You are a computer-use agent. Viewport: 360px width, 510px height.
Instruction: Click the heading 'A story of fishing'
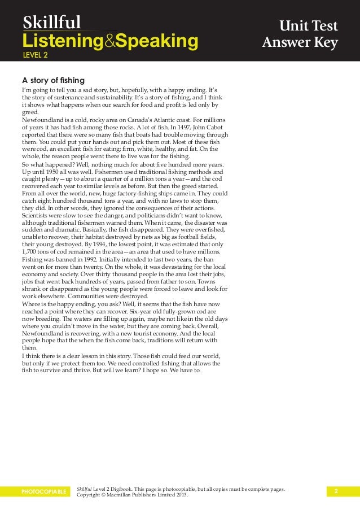tap(53, 80)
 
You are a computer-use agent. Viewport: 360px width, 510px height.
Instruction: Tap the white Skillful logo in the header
tap(52, 22)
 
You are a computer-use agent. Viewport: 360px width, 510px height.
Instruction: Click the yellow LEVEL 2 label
tap(35, 55)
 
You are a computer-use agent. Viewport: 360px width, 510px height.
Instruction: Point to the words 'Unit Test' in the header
tap(313, 27)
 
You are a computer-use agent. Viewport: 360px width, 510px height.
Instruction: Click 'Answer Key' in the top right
tap(300, 43)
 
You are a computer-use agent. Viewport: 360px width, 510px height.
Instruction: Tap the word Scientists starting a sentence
tap(38, 215)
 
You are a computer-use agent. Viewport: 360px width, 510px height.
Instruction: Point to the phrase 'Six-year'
tap(143, 311)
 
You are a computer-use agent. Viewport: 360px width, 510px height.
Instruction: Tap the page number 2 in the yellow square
tap(336, 491)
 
